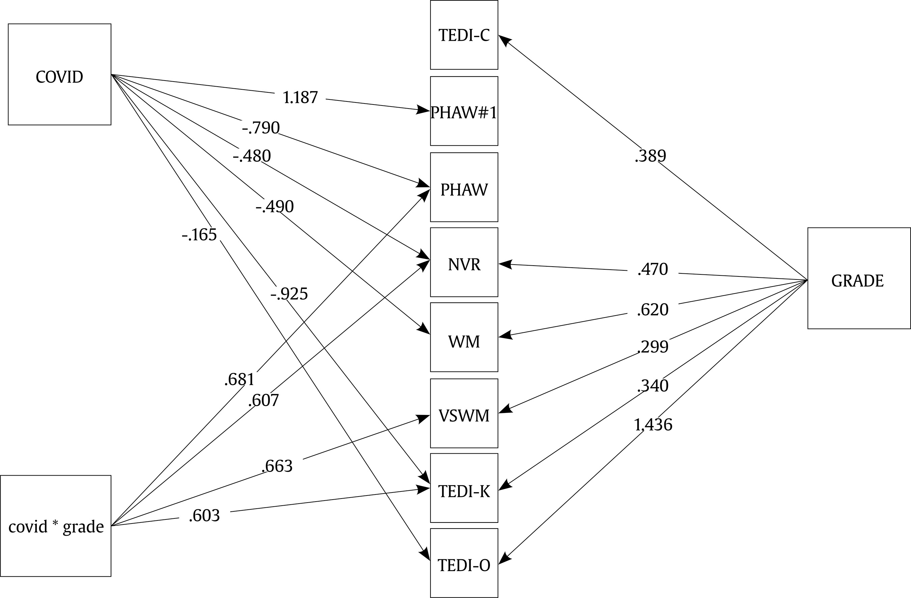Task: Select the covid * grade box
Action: pyautogui.click(x=56, y=526)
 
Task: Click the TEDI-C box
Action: pyautogui.click(x=464, y=35)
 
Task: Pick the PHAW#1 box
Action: pyautogui.click(x=464, y=111)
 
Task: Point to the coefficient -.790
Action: pyautogui.click(x=261, y=128)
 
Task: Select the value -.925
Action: pyautogui.click(x=289, y=294)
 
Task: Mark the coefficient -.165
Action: pyautogui.click(x=199, y=234)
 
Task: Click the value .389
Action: pyautogui.click(x=650, y=156)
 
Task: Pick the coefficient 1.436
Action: pyautogui.click(x=653, y=425)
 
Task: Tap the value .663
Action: pyautogui.click(x=277, y=466)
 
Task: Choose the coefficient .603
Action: pyautogui.click(x=204, y=515)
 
